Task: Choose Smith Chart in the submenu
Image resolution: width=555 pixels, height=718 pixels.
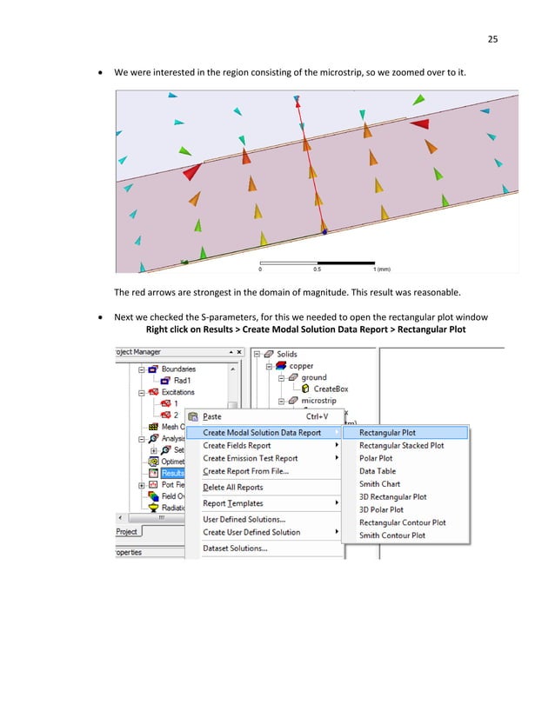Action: [379, 484]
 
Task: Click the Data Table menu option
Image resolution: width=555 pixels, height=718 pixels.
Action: [378, 471]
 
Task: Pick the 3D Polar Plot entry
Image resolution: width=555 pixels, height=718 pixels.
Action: [381, 509]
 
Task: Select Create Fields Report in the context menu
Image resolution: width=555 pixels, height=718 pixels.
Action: [236, 445]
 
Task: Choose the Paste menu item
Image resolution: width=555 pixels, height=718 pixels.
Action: [212, 416]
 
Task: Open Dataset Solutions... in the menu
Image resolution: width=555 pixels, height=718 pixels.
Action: [235, 548]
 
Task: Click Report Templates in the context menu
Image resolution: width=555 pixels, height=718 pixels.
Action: [232, 503]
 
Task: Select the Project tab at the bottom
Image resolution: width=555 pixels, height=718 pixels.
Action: [128, 532]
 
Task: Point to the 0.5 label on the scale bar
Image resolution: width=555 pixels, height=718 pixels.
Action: [317, 269]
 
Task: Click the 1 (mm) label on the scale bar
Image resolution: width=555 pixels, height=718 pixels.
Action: [382, 269]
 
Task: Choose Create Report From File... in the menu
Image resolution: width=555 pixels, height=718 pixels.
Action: [245, 471]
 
